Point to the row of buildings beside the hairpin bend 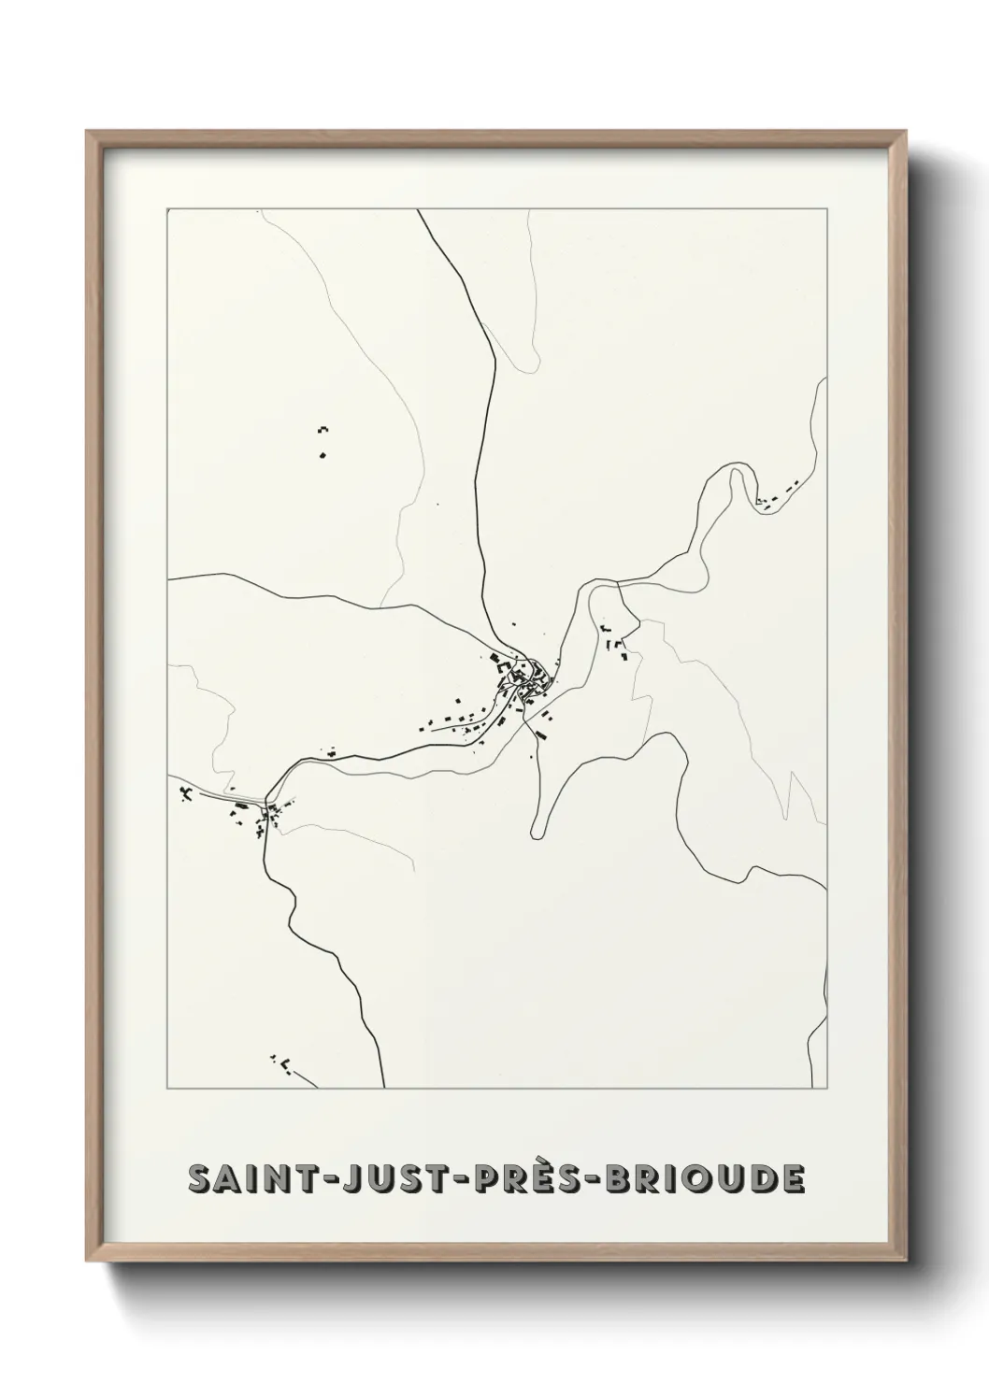pos(778,496)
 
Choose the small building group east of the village pos(617,643)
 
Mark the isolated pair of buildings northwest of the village pos(323,441)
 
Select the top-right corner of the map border pos(827,210)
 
